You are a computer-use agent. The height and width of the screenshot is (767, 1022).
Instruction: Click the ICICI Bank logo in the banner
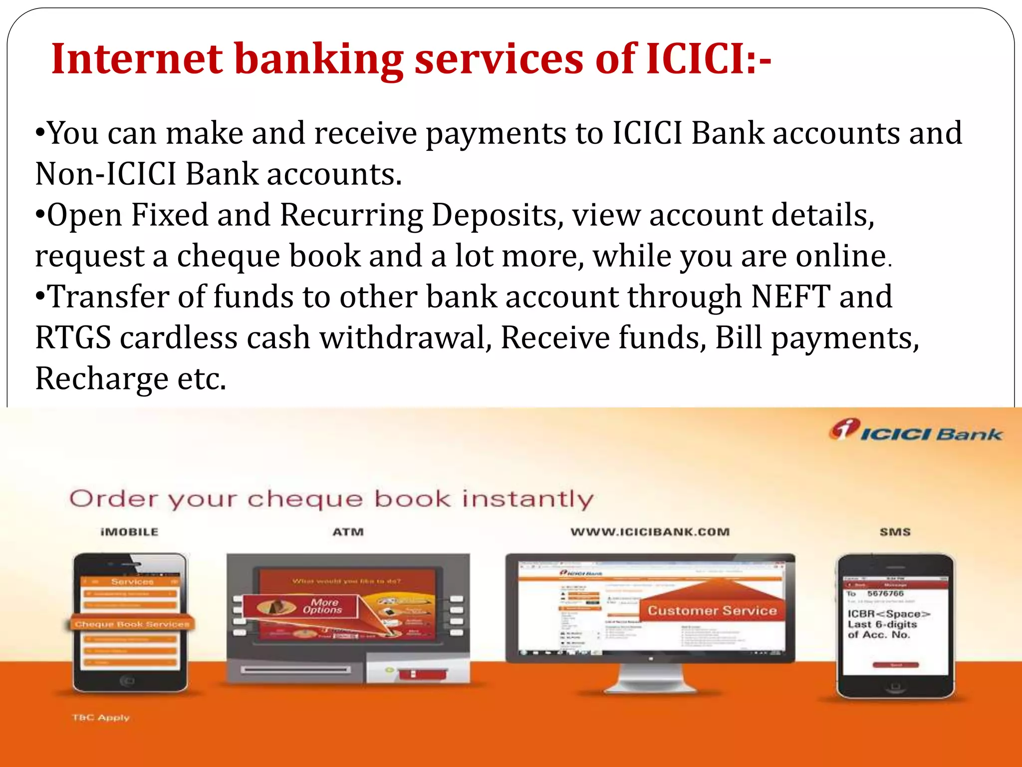916,431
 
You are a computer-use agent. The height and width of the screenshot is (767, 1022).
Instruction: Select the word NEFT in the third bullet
790,297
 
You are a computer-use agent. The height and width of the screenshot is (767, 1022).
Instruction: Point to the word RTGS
73,338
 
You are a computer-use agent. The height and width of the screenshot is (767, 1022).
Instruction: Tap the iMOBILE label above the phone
129,532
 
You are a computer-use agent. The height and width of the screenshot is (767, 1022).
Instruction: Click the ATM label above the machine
348,532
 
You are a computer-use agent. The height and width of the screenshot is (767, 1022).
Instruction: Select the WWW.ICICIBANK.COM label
650,532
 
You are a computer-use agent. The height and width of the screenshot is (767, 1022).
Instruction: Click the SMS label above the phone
895,532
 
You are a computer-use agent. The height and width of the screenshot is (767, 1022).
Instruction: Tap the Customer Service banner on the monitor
712,611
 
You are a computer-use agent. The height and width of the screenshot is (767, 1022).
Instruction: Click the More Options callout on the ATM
322,606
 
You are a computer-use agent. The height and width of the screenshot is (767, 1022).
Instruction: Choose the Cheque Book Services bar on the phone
132,624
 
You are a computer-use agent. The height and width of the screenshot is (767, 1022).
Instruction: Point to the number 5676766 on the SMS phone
885,594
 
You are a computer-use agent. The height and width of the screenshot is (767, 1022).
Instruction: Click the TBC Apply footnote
101,718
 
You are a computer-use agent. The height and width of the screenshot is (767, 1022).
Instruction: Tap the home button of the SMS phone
896,687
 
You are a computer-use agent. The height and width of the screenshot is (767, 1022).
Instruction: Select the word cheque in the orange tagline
305,499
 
